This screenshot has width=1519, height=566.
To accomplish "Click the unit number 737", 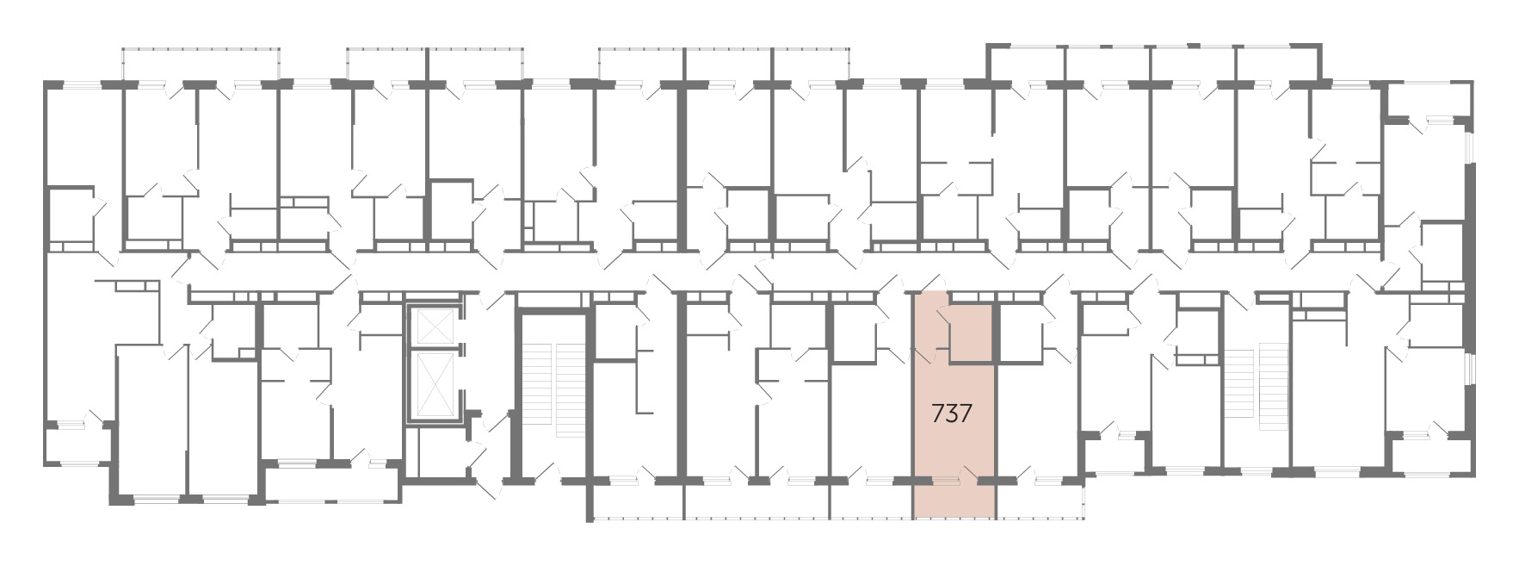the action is [x=952, y=414].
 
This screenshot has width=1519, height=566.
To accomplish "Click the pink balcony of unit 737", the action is [x=954, y=501].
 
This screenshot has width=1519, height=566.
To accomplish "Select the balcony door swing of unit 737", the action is [x=970, y=473].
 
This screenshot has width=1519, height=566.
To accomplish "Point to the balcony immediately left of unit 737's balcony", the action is [x=870, y=501].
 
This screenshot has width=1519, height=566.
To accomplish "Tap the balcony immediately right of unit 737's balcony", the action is [x=1040, y=501].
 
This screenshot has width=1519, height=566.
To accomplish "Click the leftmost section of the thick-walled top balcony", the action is [x=1028, y=65].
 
